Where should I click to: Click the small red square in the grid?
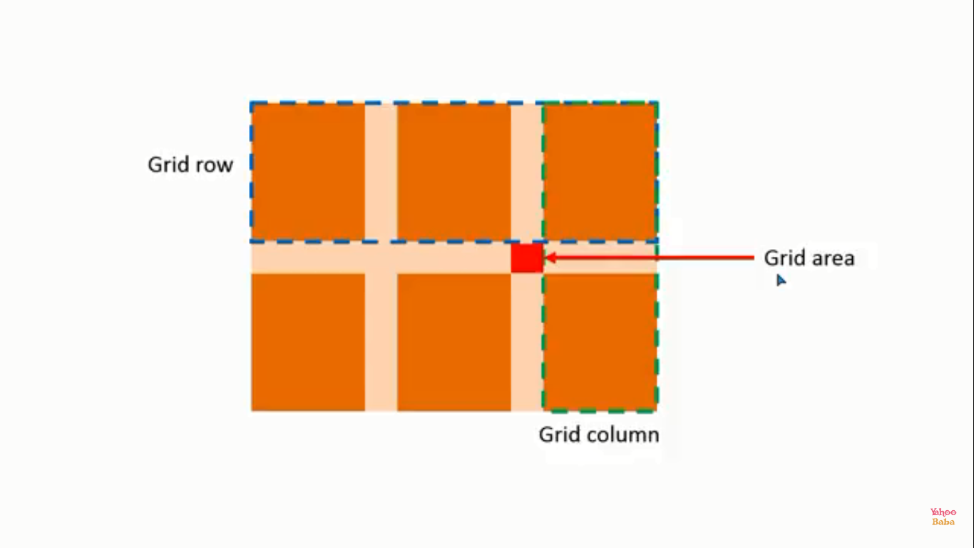[526, 258]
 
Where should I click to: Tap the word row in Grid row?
[215, 166]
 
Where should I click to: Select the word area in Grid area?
[833, 258]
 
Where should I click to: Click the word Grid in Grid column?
[560, 435]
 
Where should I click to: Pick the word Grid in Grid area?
[785, 258]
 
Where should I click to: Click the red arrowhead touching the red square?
[550, 258]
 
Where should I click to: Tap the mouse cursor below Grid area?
[781, 280]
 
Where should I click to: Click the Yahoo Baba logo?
[943, 517]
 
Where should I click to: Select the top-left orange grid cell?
[308, 171]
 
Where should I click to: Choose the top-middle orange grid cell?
[454, 171]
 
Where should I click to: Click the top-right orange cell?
[600, 171]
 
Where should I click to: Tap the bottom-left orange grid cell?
[308, 342]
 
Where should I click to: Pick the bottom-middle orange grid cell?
[454, 342]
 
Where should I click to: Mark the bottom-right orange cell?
[600, 342]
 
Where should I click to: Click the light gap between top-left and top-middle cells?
[381, 171]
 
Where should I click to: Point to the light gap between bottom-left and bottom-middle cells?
[381, 342]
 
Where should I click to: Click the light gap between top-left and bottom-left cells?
[308, 258]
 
